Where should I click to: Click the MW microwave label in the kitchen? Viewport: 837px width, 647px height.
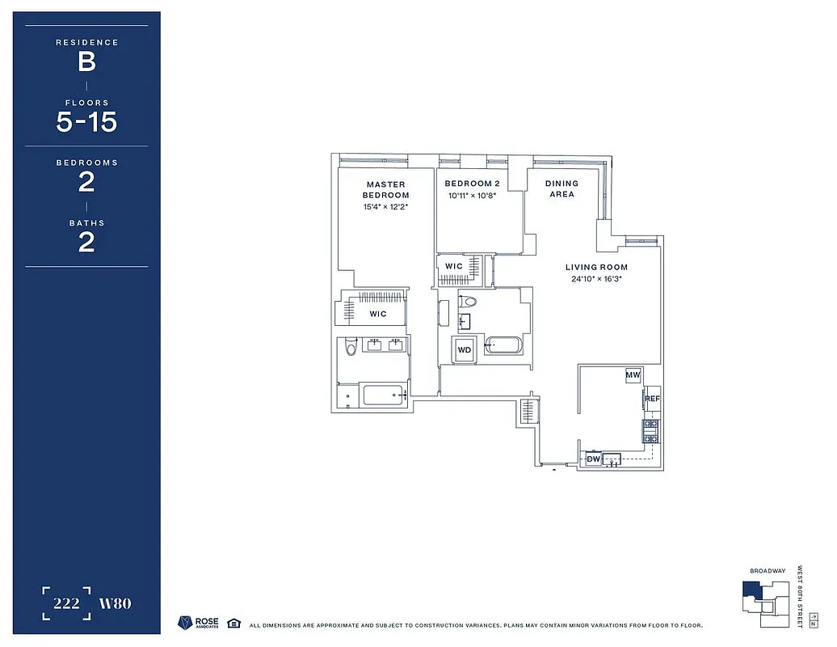coord(633,375)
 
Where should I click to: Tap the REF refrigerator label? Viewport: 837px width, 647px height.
coord(652,399)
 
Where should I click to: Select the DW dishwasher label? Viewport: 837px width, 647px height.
coord(593,459)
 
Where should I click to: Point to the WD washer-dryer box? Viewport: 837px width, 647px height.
coord(464,349)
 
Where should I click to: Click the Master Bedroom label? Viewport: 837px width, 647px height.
coord(385,190)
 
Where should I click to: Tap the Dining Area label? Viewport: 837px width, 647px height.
coord(562,189)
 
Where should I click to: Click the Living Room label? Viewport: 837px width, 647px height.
coord(596,267)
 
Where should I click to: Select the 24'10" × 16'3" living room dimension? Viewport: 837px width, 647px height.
coord(596,280)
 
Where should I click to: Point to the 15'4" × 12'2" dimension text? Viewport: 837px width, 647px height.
coord(385,207)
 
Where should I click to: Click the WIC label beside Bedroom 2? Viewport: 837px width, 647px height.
coord(453,266)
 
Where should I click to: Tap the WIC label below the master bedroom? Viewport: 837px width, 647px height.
coord(378,314)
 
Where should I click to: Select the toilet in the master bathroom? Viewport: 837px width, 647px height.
coord(350,347)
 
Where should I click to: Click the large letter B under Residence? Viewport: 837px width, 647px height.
coord(86,61)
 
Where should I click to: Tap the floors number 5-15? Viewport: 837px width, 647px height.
coord(86,122)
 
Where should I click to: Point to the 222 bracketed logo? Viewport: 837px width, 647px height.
coord(66,603)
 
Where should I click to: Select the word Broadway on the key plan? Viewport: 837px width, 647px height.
coord(767,571)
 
